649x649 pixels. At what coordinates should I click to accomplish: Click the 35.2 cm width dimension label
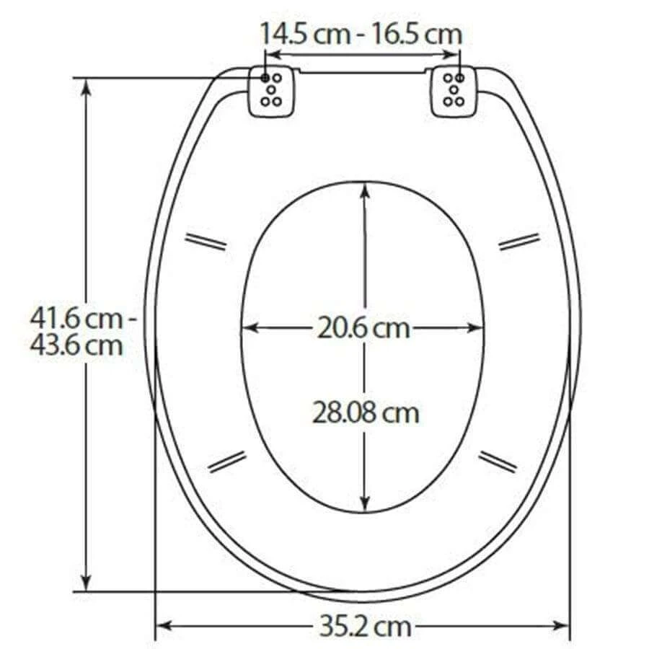click(363, 625)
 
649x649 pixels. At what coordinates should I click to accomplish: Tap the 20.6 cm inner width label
click(363, 329)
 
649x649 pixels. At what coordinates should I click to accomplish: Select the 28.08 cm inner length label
click(366, 413)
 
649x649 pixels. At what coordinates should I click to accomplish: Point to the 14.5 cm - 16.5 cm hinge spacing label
click(361, 34)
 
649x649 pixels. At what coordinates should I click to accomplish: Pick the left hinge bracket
click(273, 91)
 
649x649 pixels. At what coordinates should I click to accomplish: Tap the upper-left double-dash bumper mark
click(206, 242)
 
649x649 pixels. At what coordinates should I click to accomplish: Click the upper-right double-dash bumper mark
click(519, 242)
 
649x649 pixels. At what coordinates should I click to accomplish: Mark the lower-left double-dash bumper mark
click(227, 462)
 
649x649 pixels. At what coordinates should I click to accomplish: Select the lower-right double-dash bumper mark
click(498, 462)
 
